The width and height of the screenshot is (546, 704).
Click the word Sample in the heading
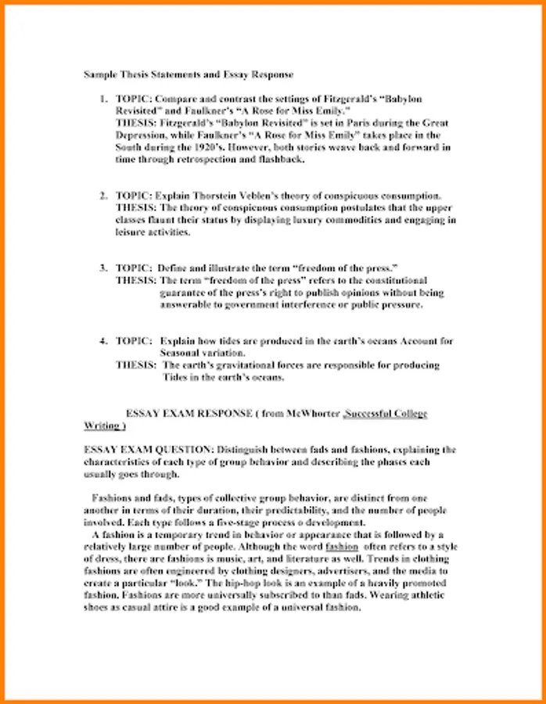coord(99,74)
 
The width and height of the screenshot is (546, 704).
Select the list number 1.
coord(102,100)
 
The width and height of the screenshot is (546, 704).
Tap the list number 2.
coord(102,195)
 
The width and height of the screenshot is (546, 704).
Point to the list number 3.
coord(102,268)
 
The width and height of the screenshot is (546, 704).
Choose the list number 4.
coord(102,341)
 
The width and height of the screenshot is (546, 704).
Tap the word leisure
coord(131,232)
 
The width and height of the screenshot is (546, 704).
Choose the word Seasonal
coord(183,353)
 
